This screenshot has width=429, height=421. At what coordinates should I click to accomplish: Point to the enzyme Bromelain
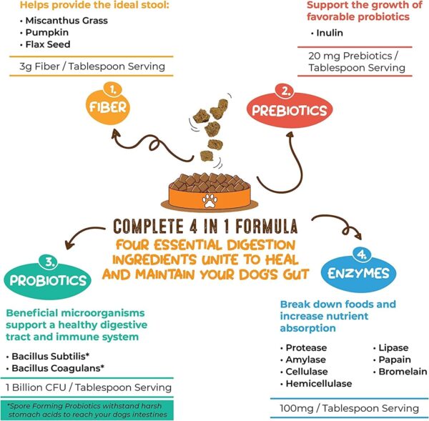tap(401, 372)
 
